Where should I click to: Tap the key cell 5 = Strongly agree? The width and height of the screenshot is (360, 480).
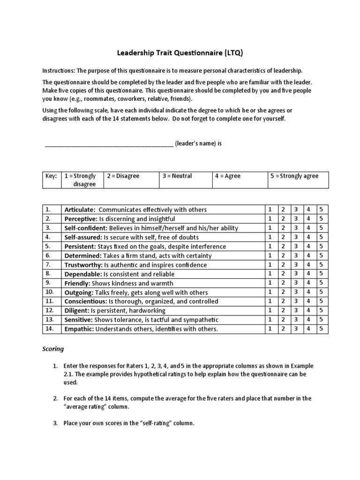click(x=294, y=176)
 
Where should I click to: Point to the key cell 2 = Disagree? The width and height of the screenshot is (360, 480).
click(x=123, y=176)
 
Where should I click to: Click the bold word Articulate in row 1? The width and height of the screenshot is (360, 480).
click(x=80, y=210)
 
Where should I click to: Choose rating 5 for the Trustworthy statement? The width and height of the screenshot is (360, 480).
click(x=322, y=264)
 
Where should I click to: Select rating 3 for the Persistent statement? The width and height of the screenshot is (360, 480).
click(x=296, y=246)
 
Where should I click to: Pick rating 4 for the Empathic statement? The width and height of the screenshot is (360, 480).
click(x=308, y=329)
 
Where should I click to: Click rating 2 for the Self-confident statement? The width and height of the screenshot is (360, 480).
click(x=283, y=228)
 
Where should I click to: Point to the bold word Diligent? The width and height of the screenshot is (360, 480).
click(x=76, y=310)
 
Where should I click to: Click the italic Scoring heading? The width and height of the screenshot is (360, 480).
click(x=53, y=349)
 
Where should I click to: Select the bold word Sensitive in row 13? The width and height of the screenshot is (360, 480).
click(x=78, y=319)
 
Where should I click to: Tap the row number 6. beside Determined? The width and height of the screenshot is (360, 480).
click(x=49, y=255)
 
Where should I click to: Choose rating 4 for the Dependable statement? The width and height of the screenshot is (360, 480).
click(x=308, y=274)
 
